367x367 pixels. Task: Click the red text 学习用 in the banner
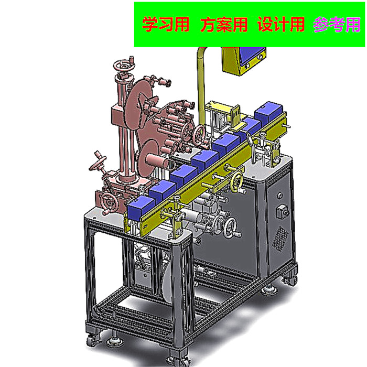click(x=166, y=25)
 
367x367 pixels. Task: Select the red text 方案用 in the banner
click(x=224, y=25)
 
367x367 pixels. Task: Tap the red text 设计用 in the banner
click(x=282, y=25)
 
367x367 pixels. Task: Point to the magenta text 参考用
click(x=337, y=25)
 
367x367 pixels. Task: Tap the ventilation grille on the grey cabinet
click(x=283, y=238)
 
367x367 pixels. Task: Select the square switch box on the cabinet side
click(x=284, y=212)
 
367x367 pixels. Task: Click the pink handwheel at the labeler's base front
click(x=109, y=201)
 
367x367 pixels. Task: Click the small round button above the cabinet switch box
click(x=280, y=196)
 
